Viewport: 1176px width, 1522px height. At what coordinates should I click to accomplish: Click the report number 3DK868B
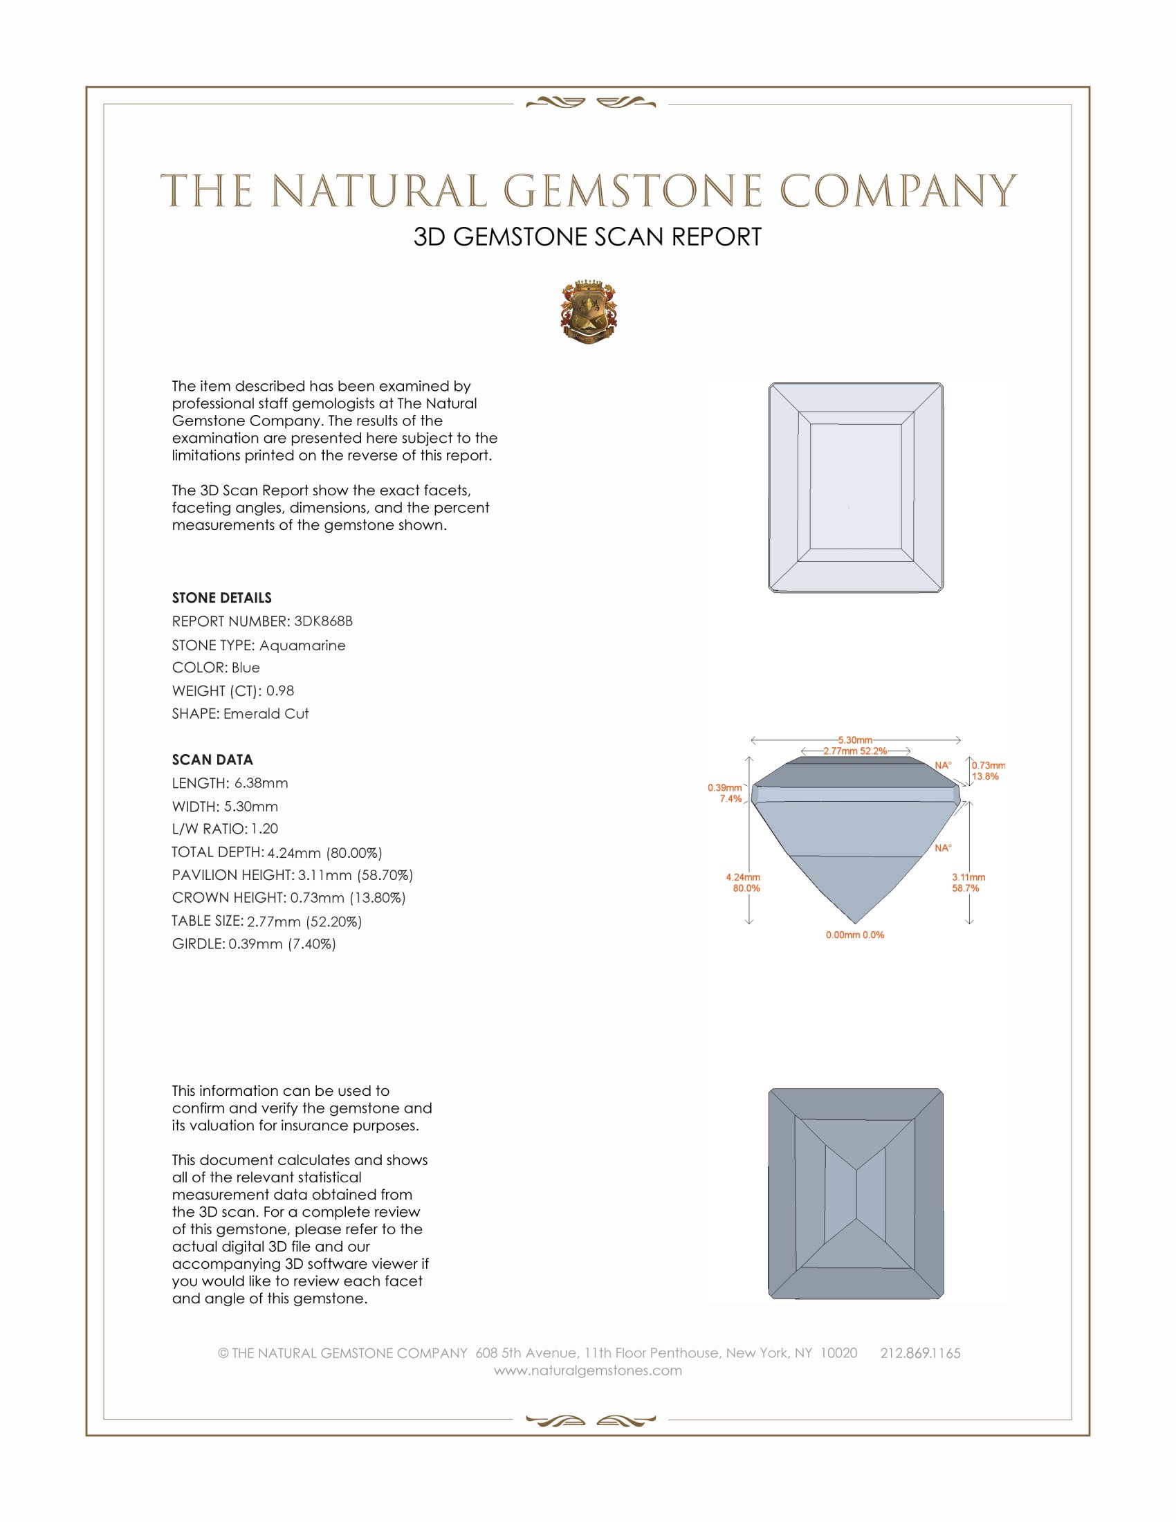[323, 621]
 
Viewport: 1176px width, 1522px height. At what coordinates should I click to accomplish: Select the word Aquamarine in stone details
[302, 645]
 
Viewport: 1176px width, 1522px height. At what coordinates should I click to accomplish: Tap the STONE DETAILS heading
[221, 598]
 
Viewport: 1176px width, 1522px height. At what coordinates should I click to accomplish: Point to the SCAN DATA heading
[212, 760]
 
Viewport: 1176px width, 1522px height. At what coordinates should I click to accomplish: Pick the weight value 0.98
[280, 690]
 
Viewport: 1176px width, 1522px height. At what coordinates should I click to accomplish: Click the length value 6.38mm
[261, 782]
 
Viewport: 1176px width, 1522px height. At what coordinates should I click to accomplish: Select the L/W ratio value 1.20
[264, 829]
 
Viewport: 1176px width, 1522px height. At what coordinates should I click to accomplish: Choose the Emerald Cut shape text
[266, 714]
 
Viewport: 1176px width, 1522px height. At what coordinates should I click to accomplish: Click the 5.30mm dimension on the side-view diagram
[855, 740]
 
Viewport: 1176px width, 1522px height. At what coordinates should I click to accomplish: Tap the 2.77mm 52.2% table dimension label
[855, 751]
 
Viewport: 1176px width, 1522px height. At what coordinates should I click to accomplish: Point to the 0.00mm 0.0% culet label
[855, 935]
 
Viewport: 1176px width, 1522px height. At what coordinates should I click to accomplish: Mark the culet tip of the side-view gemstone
[856, 923]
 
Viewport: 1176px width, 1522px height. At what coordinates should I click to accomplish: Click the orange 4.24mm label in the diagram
[743, 877]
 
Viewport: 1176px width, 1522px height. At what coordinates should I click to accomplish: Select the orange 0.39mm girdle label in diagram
[724, 787]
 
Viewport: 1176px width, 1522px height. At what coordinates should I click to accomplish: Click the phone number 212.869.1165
[919, 1353]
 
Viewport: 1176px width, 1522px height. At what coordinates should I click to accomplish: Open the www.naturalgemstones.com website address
[588, 1370]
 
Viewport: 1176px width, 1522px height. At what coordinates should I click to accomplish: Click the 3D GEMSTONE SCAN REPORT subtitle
[587, 237]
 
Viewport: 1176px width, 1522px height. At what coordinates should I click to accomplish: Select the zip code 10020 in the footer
[838, 1353]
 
